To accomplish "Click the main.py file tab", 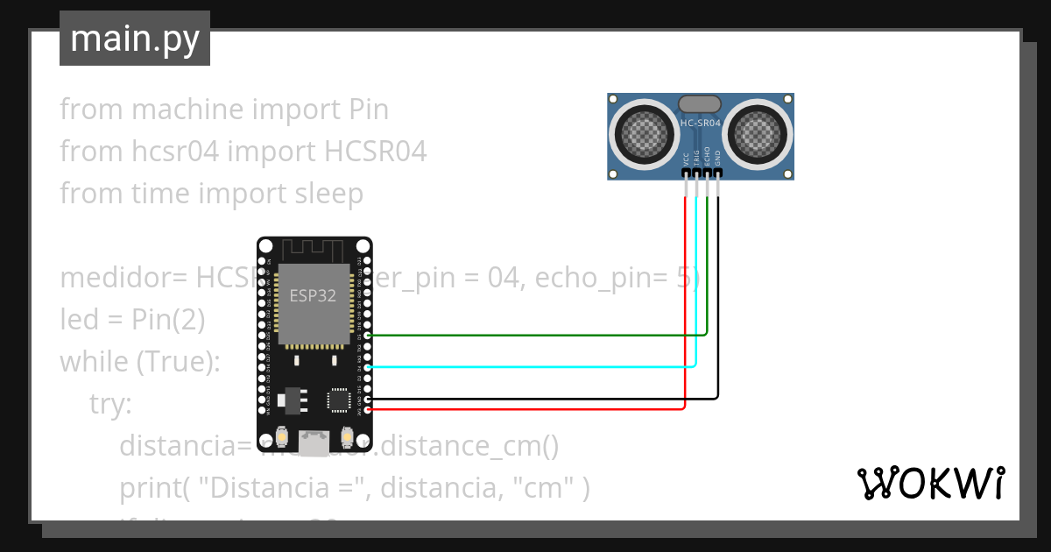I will tap(134, 39).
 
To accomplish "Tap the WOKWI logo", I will tap(929, 483).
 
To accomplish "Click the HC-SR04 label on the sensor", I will tap(701, 124).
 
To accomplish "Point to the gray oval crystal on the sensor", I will tap(701, 104).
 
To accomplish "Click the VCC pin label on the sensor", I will tap(686, 159).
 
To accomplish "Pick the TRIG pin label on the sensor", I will tap(696, 159).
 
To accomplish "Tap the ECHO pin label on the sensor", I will tap(707, 159).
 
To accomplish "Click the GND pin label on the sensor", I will tap(717, 159).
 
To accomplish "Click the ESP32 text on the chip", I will tap(313, 295).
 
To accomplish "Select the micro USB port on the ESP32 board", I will tap(313, 443).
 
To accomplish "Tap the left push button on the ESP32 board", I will tap(282, 435).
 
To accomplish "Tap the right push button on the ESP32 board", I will tap(346, 435).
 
